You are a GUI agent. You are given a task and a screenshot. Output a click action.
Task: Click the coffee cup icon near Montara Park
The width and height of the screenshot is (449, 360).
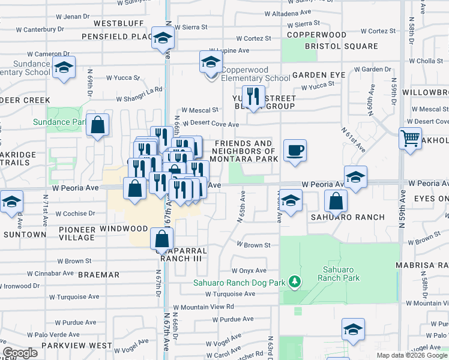click(x=295, y=150)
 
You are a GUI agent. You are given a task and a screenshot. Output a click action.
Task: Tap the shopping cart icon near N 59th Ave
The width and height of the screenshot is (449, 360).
click(x=410, y=139)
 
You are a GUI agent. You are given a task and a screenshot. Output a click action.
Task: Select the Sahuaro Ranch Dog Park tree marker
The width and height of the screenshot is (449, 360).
click(x=294, y=281)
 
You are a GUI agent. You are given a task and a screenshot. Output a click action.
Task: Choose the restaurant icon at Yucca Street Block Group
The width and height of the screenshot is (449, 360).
click(x=253, y=97)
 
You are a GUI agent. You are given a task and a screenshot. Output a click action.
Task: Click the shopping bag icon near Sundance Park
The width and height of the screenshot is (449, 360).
click(x=97, y=125)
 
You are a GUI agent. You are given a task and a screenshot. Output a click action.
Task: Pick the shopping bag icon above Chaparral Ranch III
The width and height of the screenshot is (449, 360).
click(x=162, y=239)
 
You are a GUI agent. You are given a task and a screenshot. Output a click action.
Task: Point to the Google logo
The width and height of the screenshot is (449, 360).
click(x=20, y=352)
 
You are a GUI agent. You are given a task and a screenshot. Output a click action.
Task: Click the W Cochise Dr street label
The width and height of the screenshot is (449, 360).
click(x=67, y=213)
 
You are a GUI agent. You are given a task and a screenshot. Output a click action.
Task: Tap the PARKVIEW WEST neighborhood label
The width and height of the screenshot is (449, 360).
click(x=76, y=346)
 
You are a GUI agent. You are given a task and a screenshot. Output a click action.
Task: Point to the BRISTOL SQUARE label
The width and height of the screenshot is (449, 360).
click(x=341, y=46)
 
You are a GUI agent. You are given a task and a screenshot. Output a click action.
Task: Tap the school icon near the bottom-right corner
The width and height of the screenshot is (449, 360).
click(x=353, y=329)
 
